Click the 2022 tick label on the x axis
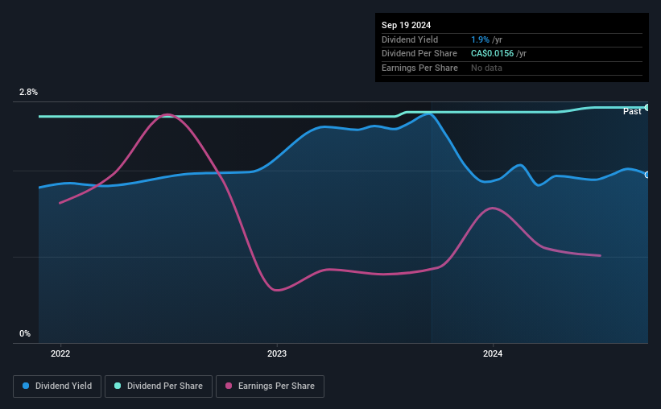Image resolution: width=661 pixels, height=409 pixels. (60, 353)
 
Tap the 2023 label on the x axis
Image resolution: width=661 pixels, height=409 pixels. (277, 353)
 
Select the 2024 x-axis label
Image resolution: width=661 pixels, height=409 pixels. (493, 353)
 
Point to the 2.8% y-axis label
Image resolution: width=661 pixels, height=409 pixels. (28, 92)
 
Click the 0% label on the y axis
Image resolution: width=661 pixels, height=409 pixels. (25, 333)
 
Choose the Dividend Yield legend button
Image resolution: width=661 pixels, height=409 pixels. (57, 386)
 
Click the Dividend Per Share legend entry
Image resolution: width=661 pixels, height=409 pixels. (159, 386)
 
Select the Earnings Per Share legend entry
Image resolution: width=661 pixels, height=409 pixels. (270, 386)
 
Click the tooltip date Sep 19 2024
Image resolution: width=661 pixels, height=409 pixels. (406, 25)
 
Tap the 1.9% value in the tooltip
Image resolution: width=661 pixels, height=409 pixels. (480, 39)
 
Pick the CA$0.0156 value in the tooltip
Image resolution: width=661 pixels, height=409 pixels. (493, 54)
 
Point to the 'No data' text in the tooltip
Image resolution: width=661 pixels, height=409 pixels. (486, 68)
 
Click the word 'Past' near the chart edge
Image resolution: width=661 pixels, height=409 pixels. (632, 111)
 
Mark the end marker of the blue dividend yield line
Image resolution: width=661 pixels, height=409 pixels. (647, 175)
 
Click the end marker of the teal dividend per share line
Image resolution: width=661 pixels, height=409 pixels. (647, 108)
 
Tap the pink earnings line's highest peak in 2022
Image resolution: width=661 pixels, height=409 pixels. (167, 114)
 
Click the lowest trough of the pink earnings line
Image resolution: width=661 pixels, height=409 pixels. (276, 290)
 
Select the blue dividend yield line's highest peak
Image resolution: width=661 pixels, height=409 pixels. (429, 114)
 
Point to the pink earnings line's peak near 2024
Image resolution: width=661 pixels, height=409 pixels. (493, 209)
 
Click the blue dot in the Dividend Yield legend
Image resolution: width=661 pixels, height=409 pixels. (26, 386)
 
